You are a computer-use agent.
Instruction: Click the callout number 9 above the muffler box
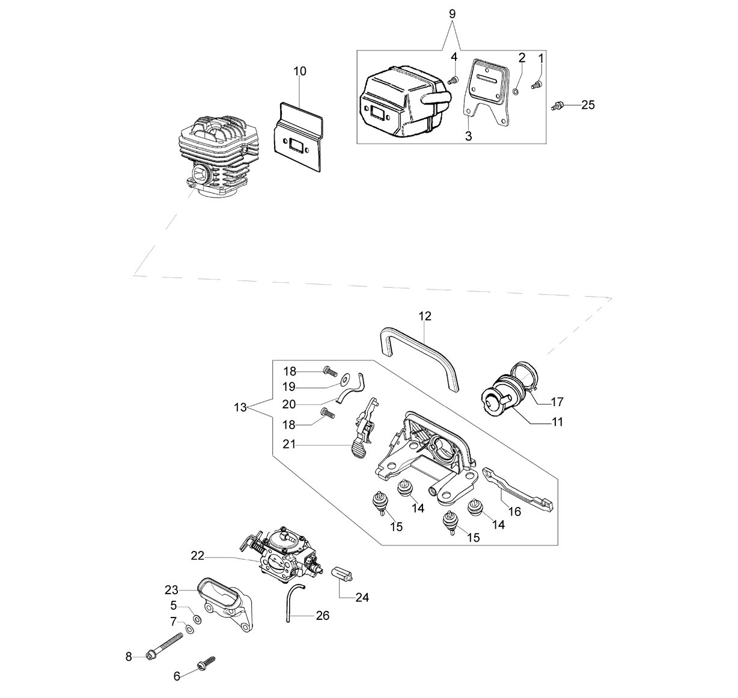tap(452, 14)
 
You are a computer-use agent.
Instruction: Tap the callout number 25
tap(588, 105)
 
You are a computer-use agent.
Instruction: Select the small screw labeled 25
tap(557, 106)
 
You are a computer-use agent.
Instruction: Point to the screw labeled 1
tap(537, 85)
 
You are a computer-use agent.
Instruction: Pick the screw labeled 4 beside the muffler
tap(454, 79)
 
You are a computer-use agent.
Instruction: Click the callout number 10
tap(300, 71)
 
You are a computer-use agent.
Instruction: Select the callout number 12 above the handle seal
tap(425, 316)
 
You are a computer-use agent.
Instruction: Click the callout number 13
tap(240, 407)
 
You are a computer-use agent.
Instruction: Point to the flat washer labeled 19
tap(344, 381)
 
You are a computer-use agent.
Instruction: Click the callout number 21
tap(289, 445)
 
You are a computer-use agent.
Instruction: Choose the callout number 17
tap(557, 402)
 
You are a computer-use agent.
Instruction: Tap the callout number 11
tap(558, 422)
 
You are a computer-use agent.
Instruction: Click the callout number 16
tap(515, 512)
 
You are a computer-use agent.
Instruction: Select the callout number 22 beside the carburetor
tap(198, 556)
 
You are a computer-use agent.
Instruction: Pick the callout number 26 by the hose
tap(323, 616)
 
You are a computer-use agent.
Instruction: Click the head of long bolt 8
tap(150, 657)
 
